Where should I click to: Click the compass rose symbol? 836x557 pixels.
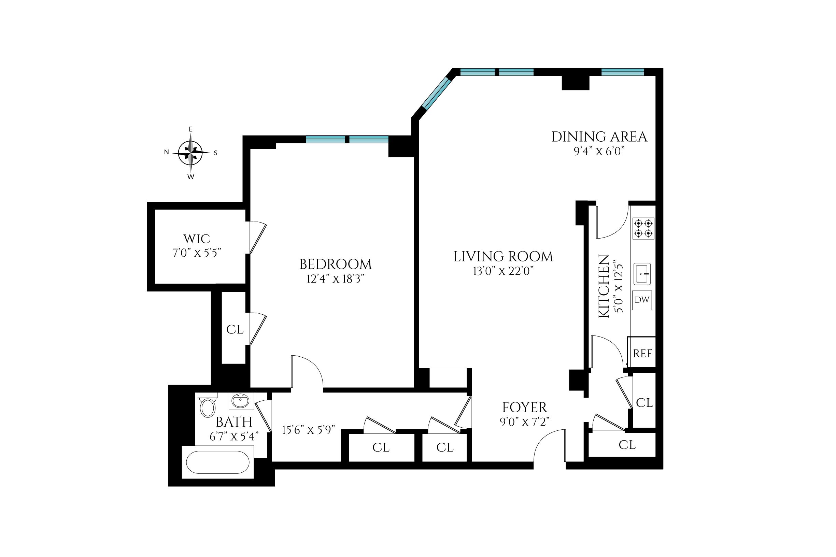190,153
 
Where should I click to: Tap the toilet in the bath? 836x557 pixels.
208,406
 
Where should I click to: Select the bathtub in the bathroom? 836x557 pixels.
218,462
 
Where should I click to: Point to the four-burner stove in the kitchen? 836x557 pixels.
643,228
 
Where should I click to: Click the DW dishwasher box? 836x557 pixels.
642,300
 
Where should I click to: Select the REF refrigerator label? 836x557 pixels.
642,354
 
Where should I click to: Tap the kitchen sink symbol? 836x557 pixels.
642,273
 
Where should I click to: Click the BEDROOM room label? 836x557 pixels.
336,264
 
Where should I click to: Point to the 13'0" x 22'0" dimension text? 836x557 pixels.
503,271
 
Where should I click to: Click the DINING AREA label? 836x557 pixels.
599,137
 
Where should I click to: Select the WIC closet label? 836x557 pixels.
197,239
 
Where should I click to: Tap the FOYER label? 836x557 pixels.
524,408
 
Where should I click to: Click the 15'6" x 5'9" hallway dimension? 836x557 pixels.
308,430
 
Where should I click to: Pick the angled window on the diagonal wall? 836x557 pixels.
436,93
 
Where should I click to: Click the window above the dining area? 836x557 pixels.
622,72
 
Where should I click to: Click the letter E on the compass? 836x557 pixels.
190,129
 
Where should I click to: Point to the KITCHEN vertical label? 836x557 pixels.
604,286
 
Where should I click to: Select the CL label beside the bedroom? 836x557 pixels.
235,330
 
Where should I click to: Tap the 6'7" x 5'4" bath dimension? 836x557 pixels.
234,437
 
